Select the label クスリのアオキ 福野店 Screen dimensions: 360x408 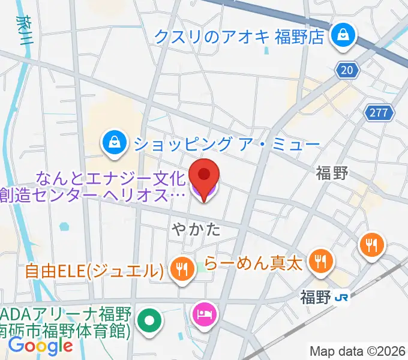click(239, 36)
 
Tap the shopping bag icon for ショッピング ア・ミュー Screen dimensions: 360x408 click(113, 143)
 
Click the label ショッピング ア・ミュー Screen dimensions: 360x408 click(227, 144)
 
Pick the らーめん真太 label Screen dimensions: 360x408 click(252, 262)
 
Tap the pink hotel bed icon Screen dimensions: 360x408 click(204, 314)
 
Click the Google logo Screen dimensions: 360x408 click(40, 346)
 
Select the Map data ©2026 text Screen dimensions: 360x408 click(358, 350)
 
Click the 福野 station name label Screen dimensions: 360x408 click(316, 296)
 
